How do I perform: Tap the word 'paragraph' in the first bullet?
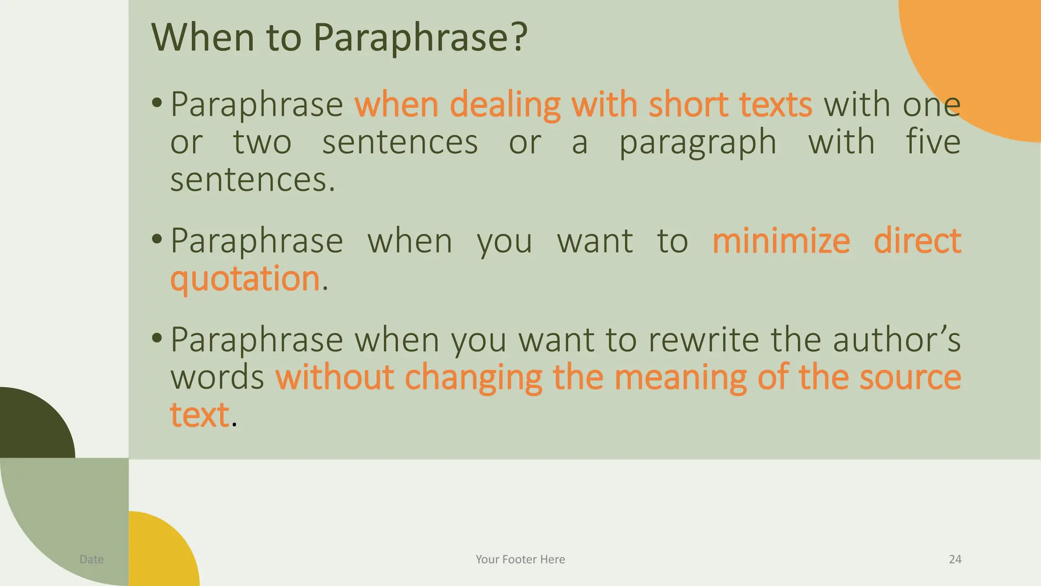point(697,142)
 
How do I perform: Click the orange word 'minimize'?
point(781,241)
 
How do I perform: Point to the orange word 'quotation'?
point(244,279)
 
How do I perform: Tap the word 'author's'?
point(897,339)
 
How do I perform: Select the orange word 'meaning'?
point(681,377)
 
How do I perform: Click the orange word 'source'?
point(910,377)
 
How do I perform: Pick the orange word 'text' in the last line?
point(199,415)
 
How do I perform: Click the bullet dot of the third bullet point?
point(157,338)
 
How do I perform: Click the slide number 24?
point(955,560)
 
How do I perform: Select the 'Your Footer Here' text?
point(520,560)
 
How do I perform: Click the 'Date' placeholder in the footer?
point(91,560)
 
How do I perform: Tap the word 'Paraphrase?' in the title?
point(420,38)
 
